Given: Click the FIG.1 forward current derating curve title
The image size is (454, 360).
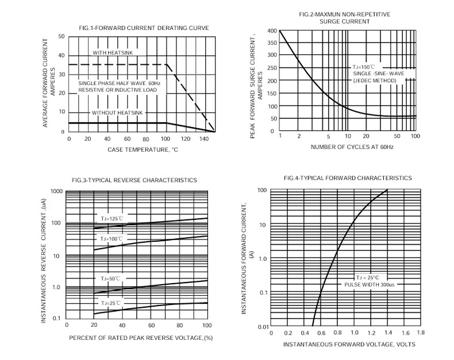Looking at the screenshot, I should click(x=144, y=28).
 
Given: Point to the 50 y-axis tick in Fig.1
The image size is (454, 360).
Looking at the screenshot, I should click(x=61, y=36).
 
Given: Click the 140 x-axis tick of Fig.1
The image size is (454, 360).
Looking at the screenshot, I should click(x=205, y=139).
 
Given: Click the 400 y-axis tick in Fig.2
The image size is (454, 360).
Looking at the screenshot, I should click(x=272, y=31).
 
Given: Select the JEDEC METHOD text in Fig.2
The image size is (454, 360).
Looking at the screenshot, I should click(x=375, y=81).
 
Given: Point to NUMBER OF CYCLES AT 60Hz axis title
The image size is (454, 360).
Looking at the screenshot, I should click(x=352, y=147).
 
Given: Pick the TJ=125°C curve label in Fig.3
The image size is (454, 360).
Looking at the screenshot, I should click(x=111, y=218).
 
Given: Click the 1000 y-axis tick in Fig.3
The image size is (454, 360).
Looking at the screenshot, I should click(x=56, y=191).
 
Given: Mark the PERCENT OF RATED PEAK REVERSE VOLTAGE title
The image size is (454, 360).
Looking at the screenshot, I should click(x=141, y=338).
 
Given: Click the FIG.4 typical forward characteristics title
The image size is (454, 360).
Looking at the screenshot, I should click(x=348, y=178).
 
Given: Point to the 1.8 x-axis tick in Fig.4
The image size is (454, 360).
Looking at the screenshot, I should click(x=420, y=332).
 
